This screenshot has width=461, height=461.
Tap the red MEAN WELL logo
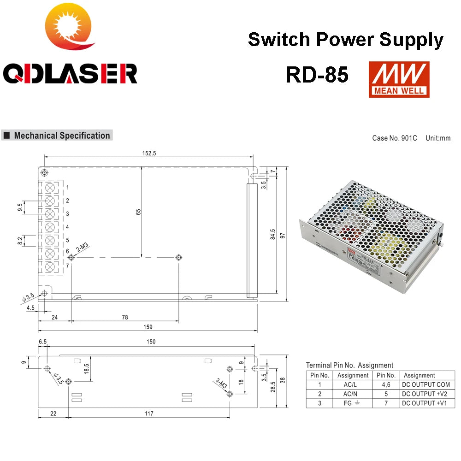(399, 79)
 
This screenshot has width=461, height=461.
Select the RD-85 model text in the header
(317, 75)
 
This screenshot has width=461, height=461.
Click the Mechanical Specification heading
(62, 136)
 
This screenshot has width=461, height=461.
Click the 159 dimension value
(148, 327)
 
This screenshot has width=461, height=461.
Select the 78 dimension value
(124, 317)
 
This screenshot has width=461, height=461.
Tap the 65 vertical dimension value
(138, 212)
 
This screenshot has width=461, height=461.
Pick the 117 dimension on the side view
(148, 414)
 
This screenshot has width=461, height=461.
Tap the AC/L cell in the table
(353, 384)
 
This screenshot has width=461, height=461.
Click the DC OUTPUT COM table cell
(426, 384)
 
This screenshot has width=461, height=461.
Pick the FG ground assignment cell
(353, 403)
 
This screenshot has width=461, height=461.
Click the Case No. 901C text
(395, 138)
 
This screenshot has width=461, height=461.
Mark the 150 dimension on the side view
(151, 342)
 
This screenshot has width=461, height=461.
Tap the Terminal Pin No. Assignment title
(349, 365)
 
